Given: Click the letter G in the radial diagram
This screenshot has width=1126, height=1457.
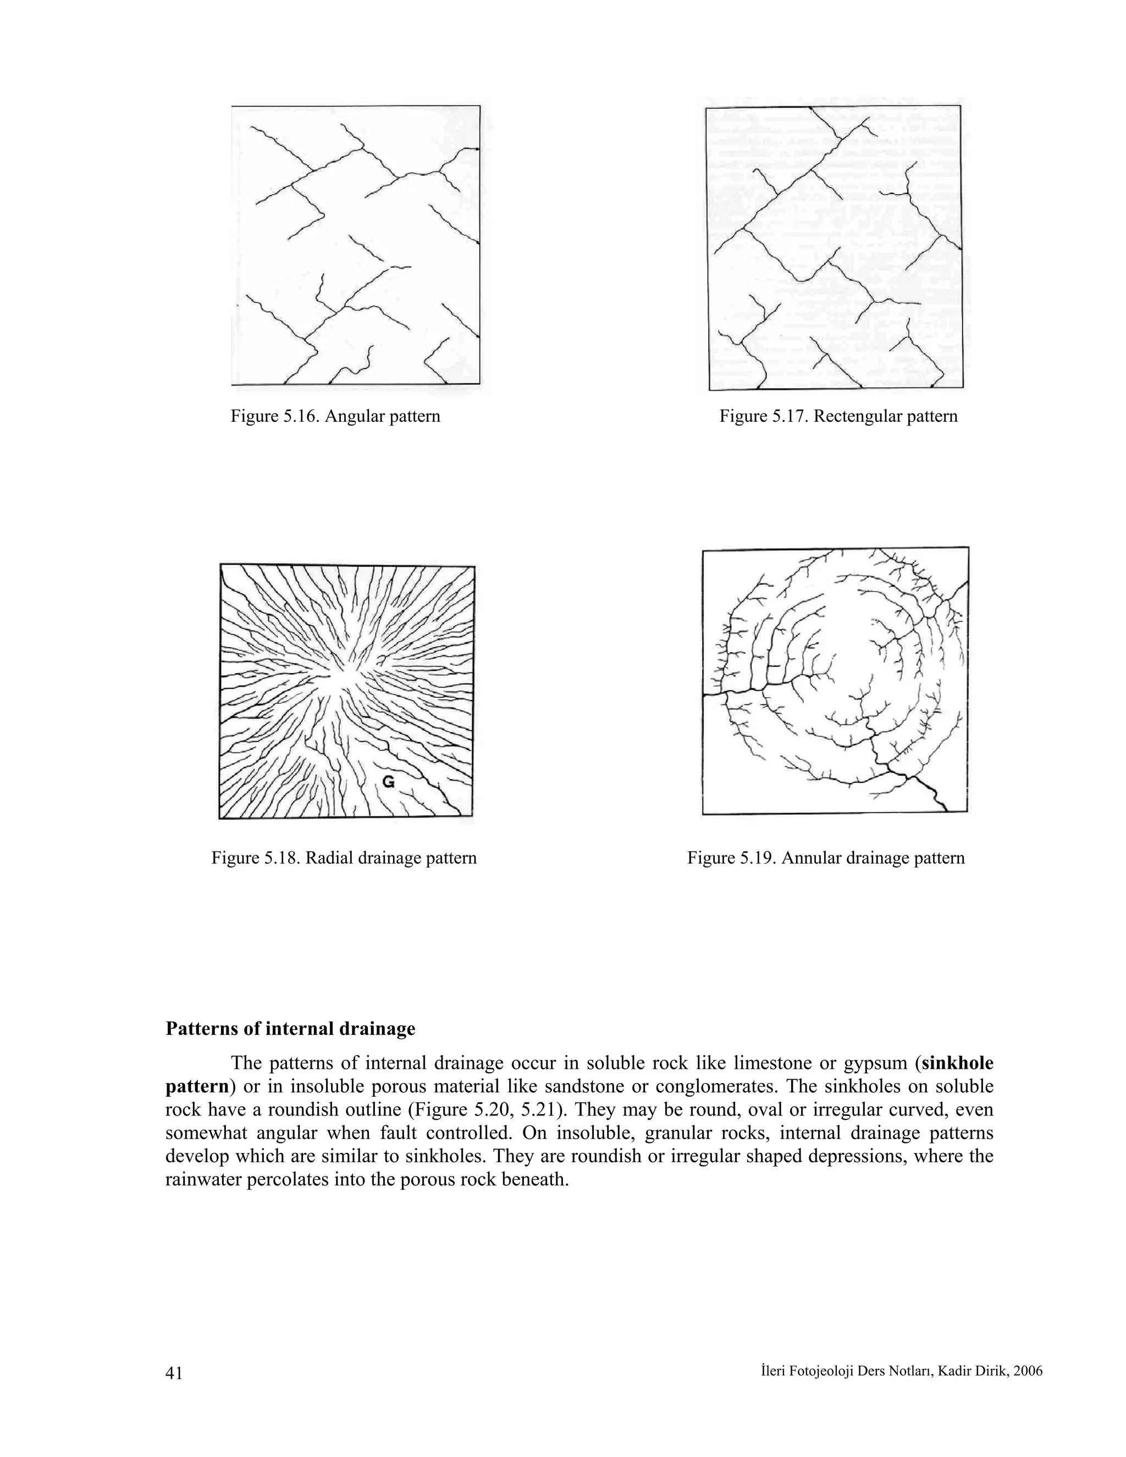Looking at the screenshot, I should tap(388, 782).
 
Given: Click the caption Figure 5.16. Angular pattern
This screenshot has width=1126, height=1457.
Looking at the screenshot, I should tap(335, 417).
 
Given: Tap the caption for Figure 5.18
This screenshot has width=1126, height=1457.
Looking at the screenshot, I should tap(344, 858).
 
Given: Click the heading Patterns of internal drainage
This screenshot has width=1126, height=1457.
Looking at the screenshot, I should tap(290, 1029).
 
